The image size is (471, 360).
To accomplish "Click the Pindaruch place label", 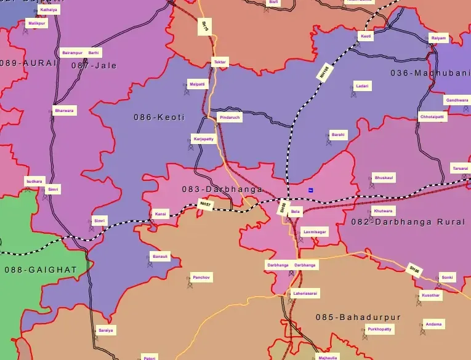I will (230, 116).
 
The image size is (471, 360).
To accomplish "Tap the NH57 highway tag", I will (205, 204).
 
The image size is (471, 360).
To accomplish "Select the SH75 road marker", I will (205, 26).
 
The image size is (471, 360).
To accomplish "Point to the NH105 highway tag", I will (326, 72).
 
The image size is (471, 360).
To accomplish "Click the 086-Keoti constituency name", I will (159, 117).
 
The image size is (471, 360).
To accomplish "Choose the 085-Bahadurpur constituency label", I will (358, 318).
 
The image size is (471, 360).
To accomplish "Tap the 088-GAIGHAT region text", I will (41, 270).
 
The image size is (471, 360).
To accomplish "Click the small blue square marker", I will (311, 190).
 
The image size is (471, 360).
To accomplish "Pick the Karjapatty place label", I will (204, 138).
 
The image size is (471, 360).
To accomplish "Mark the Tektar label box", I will (220, 62).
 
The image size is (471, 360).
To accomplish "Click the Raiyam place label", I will (438, 38).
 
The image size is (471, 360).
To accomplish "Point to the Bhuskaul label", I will (384, 177).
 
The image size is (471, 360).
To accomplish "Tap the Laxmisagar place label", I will (315, 231).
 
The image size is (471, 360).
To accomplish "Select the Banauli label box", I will (159, 256).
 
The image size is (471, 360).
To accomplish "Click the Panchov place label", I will (201, 278).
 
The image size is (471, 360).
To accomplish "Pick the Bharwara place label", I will (64, 111).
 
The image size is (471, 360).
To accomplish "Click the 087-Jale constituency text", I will (94, 65).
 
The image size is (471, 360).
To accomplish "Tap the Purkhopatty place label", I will (379, 330).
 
